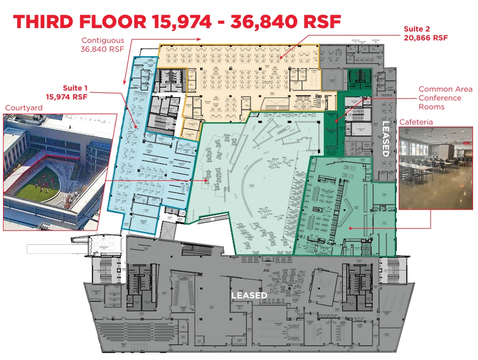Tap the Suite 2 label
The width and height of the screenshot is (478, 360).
[x=417, y=29]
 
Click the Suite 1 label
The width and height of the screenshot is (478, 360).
[x=75, y=88]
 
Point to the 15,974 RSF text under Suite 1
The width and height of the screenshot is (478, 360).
[x=67, y=97]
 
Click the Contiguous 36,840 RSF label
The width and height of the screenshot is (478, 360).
[x=102, y=44]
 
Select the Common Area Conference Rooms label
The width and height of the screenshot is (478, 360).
[x=439, y=98]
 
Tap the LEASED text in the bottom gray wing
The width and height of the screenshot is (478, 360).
[x=249, y=295]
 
